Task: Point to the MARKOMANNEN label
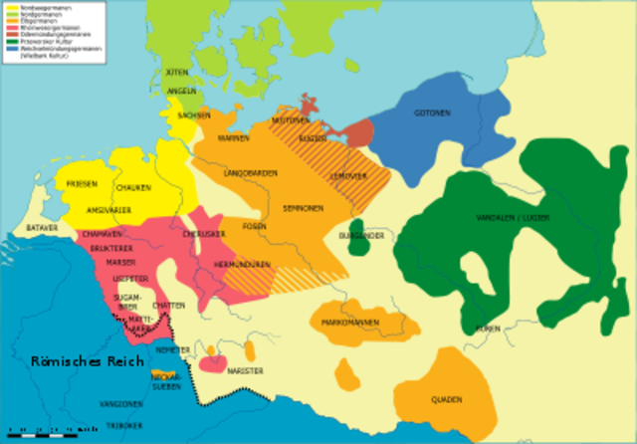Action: tap(349, 324)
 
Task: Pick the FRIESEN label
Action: tap(82, 184)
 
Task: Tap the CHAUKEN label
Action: tap(133, 188)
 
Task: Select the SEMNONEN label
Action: tap(302, 208)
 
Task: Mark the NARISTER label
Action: tap(245, 371)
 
